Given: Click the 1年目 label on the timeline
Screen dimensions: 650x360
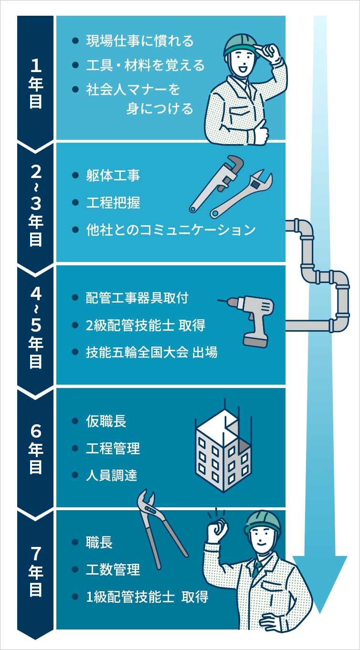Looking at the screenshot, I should (x=36, y=76).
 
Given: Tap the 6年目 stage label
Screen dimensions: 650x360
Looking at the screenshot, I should (x=36, y=449).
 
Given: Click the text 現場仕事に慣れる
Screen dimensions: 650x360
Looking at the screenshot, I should (x=140, y=41).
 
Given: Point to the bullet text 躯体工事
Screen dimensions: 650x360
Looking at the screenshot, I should (x=113, y=176).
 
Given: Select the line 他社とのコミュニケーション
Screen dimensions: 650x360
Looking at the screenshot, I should (x=170, y=230).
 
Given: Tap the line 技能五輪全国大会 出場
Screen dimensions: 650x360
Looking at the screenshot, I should (x=151, y=353).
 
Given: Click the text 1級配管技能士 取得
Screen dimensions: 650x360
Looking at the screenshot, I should (x=147, y=597).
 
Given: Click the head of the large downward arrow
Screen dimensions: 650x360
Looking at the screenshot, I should (x=319, y=580).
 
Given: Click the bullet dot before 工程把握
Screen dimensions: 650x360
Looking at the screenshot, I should (x=75, y=203).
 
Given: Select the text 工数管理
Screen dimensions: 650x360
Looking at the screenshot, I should (x=113, y=570).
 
